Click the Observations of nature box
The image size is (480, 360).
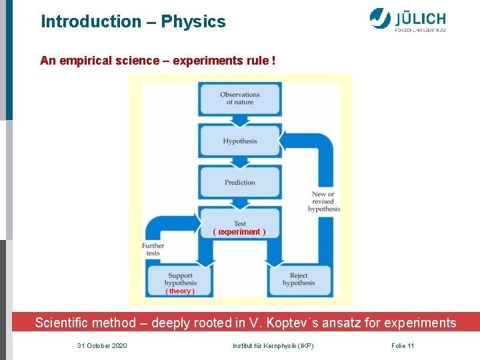point(239,99)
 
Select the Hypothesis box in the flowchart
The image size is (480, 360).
point(239,141)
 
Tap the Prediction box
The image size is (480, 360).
point(239,182)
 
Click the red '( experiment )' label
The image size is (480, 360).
point(239,232)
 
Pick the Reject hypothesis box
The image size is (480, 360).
point(299,279)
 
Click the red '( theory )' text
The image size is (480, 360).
point(180,291)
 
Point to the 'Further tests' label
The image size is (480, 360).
point(153,249)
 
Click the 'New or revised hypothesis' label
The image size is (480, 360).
point(324,201)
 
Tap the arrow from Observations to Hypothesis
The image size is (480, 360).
point(239,120)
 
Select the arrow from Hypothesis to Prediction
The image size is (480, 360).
point(239,161)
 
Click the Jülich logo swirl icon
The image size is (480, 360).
point(380,18)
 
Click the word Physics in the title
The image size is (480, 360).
point(193,21)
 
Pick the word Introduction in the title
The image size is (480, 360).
point(91,21)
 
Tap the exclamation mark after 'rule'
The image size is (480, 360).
point(273,61)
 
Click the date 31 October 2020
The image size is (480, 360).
point(102,346)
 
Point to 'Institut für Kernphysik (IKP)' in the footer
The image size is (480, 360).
point(273,346)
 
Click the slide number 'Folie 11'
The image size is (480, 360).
point(403,346)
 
